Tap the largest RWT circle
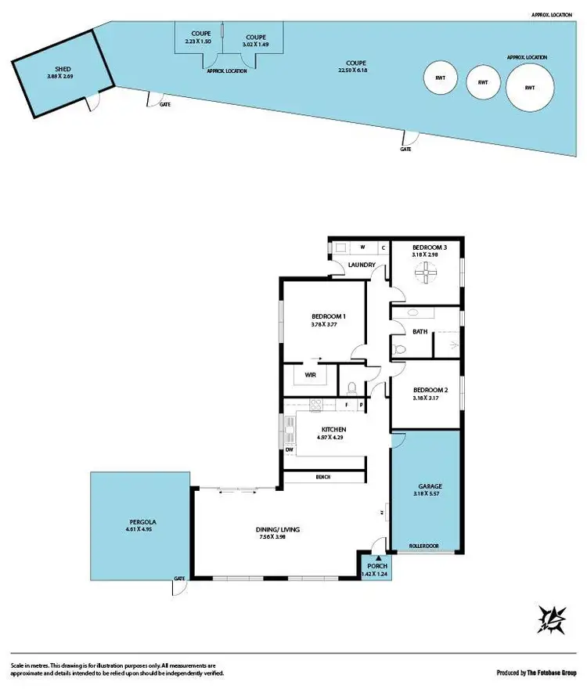tap(530, 88)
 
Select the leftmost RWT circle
tap(440, 79)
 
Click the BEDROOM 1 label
tap(329, 316)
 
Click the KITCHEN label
tap(333, 430)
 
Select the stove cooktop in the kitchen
tap(317, 405)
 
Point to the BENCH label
tap(323, 477)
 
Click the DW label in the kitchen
tap(289, 450)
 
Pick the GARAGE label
tap(430, 486)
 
